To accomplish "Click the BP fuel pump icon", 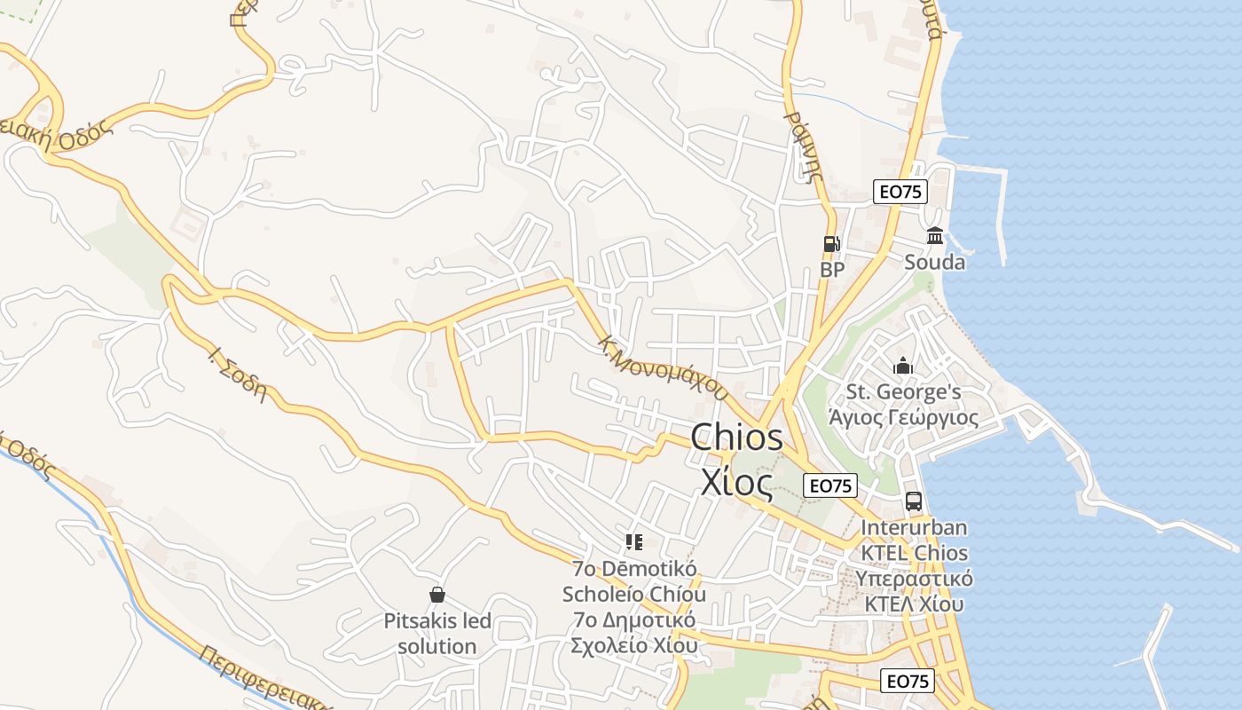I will pos(831,243).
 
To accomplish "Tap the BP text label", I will pos(832,269).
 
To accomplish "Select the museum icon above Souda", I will pos(935,236).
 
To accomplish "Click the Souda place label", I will pos(935,263).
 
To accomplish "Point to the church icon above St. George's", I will pos(903,366).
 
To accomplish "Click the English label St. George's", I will pos(903,391).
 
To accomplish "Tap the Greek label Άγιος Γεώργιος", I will pos(903,417).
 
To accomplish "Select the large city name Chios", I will pos(736,437).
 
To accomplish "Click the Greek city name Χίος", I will pos(736,481).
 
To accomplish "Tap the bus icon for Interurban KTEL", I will pos(914,501).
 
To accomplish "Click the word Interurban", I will pos(914,527).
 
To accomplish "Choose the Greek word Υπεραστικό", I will pos(914,579).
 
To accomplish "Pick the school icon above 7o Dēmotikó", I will pos(633,541).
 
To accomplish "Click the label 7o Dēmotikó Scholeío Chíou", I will pos(633,581).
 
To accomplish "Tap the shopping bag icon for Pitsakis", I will pos(436,595).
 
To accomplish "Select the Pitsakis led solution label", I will pos(436,633).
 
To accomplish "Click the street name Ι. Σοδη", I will pos(237,373).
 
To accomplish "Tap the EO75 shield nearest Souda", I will pos(900,192).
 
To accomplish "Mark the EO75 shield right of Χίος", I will pos(830,485).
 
